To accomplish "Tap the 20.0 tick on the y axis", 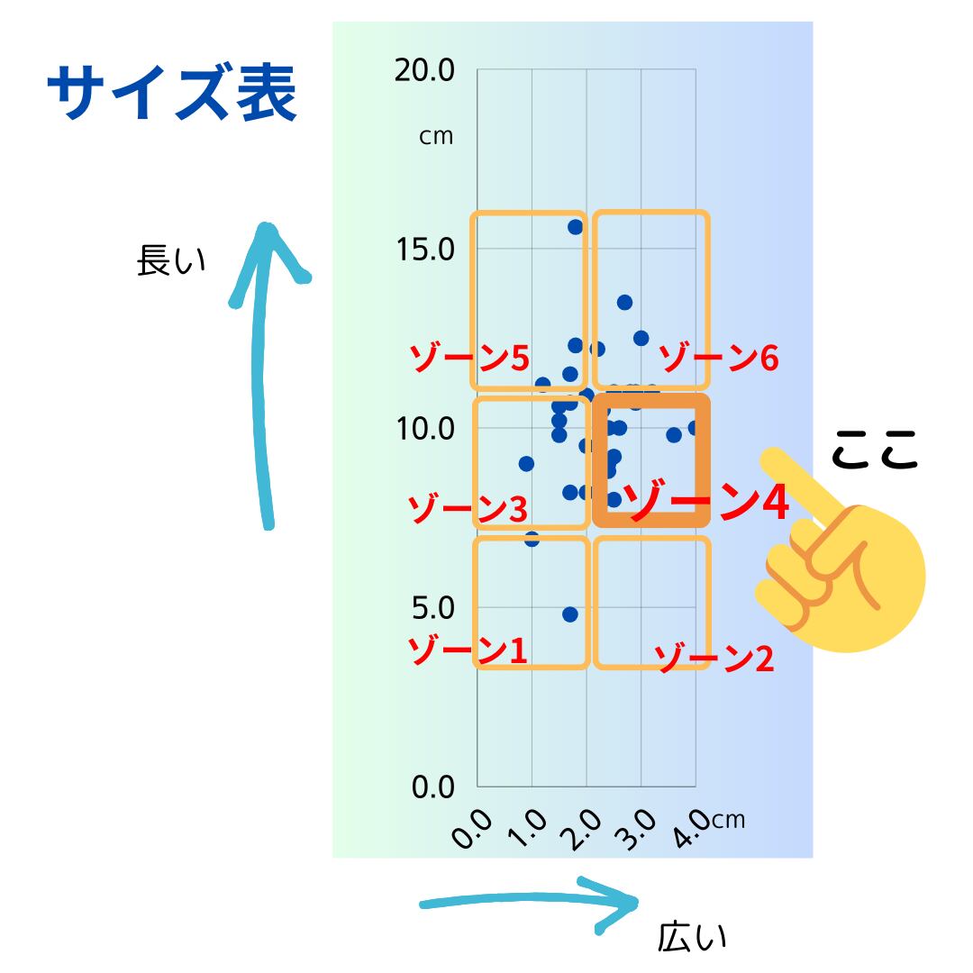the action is [x=424, y=69].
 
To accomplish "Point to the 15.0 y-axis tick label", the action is [x=424, y=249].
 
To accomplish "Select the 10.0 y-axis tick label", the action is [x=424, y=428].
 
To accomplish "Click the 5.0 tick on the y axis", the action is [x=432, y=607].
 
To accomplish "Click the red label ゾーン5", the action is [x=469, y=359].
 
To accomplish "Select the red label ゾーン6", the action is [x=718, y=359].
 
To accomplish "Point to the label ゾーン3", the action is [x=468, y=510].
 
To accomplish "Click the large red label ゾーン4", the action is [x=706, y=503].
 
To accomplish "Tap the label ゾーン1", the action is [x=468, y=650].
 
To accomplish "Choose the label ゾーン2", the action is [x=714, y=659].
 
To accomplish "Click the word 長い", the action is [x=171, y=261].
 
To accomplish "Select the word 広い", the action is [x=692, y=938].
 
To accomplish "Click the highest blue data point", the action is [x=575, y=227].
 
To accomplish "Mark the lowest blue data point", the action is [x=569, y=614].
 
